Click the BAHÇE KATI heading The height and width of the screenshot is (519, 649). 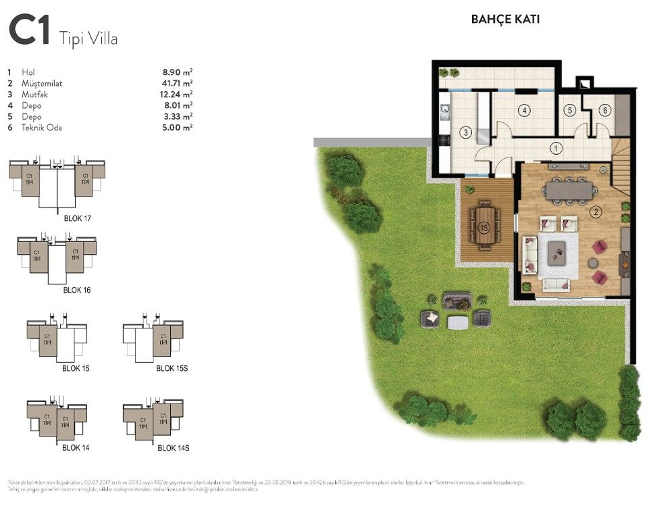(x=505, y=20)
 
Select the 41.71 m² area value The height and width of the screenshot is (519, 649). (x=175, y=83)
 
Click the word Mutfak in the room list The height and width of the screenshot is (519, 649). (x=34, y=95)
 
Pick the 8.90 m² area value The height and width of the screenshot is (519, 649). (x=177, y=72)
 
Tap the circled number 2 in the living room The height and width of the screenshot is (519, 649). (x=595, y=212)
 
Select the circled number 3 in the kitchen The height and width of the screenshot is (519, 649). (x=466, y=132)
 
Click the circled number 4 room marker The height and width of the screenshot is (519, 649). (x=523, y=109)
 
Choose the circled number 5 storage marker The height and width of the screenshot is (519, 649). (x=569, y=109)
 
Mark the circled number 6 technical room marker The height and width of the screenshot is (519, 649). (x=604, y=110)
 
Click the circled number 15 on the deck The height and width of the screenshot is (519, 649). (x=484, y=228)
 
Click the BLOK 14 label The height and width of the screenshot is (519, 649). (x=76, y=448)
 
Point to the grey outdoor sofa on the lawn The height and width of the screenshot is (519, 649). (x=457, y=299)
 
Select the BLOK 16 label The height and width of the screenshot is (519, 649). (x=76, y=290)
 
